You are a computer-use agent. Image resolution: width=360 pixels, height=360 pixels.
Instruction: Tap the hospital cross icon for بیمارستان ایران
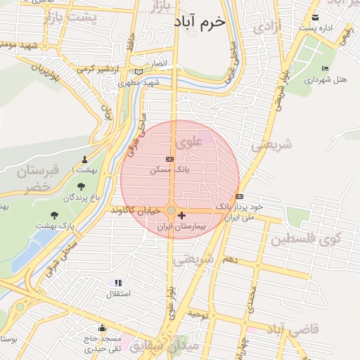point(182,215)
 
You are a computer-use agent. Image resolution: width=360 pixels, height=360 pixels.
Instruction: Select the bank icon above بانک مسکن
point(169,160)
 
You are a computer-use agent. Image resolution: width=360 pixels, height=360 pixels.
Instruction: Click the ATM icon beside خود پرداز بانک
point(240,196)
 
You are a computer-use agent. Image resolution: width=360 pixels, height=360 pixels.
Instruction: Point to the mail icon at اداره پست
point(315,18)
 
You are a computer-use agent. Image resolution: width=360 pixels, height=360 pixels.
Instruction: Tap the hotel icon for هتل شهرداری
point(324,68)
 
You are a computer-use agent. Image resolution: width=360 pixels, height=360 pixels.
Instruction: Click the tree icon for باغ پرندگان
point(82,186)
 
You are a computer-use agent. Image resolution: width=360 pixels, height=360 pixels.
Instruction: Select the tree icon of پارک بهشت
point(55,215)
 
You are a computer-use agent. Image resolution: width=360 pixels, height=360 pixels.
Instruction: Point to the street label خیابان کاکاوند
point(138,210)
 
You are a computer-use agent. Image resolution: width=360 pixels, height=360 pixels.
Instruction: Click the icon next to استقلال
point(117,283)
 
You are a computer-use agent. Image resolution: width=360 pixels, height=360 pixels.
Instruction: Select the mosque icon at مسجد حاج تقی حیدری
point(103,327)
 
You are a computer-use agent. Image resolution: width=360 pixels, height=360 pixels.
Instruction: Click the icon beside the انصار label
point(139,72)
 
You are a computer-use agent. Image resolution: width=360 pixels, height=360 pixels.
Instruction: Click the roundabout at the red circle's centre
point(172,210)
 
